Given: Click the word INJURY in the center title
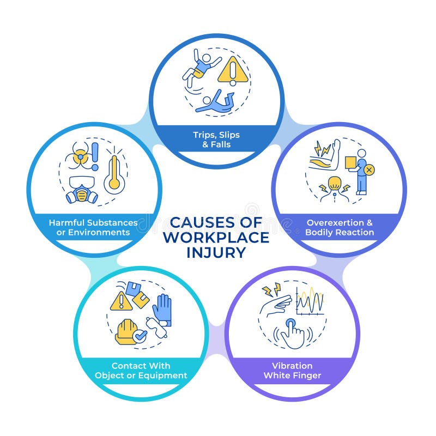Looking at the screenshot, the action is pyautogui.click(x=217, y=252).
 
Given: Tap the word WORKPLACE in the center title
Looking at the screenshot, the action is pyautogui.click(x=216, y=238).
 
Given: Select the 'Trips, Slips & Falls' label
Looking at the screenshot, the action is pyautogui.click(x=216, y=140).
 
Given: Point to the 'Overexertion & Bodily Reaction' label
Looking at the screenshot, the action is pyautogui.click(x=340, y=227).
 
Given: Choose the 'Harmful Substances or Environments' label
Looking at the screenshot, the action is pyautogui.click(x=93, y=227).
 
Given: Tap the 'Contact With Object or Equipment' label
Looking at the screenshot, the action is pyautogui.click(x=141, y=371).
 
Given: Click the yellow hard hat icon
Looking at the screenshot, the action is pyautogui.click(x=126, y=331).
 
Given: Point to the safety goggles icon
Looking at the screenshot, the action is pyautogui.click(x=158, y=330).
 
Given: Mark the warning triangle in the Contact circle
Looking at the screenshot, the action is pyautogui.click(x=121, y=301).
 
